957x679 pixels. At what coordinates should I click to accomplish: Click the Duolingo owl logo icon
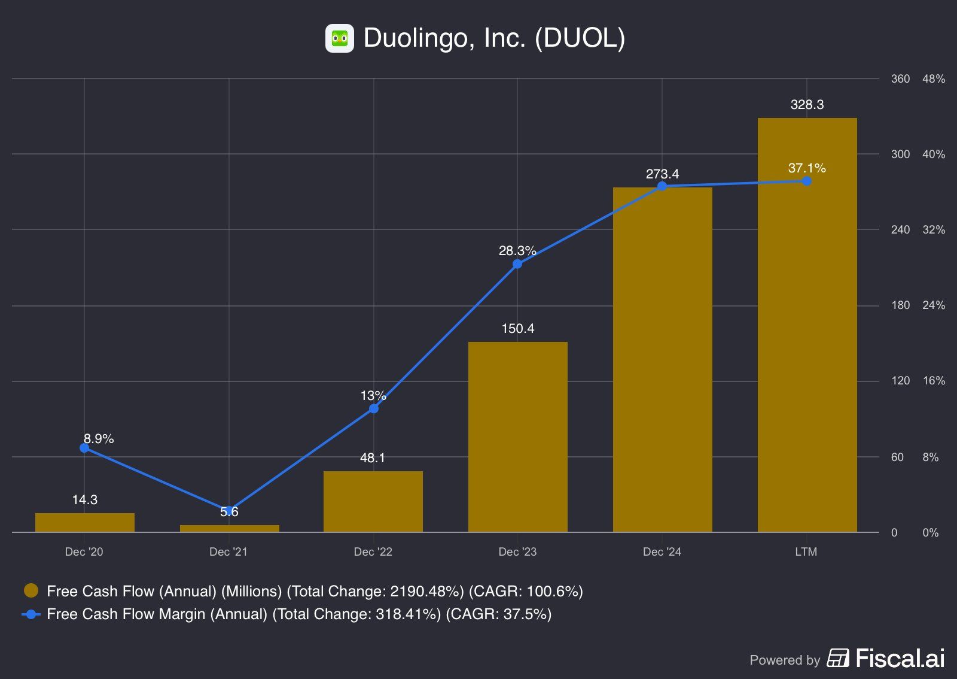click(x=340, y=38)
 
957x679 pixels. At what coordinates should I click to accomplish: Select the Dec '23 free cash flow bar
click(x=517, y=437)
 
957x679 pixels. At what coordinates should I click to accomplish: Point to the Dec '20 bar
click(x=84, y=523)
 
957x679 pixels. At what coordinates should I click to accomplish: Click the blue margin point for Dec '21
click(x=229, y=511)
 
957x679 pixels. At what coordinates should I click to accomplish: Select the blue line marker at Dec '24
click(x=662, y=186)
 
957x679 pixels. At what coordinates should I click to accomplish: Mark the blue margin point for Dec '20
click(x=84, y=448)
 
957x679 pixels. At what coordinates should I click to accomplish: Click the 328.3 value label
click(x=807, y=105)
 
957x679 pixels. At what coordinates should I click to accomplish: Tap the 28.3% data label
click(x=517, y=250)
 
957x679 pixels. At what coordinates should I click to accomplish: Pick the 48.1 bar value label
click(x=373, y=458)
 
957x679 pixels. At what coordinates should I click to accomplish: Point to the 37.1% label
click(x=807, y=168)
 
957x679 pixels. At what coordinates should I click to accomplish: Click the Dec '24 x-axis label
click(x=662, y=552)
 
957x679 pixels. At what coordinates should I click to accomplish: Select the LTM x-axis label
click(x=806, y=552)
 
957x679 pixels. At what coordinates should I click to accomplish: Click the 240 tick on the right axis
click(x=900, y=230)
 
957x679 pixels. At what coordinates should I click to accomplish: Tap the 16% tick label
click(x=934, y=381)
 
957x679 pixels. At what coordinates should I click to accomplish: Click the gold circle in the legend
click(x=31, y=591)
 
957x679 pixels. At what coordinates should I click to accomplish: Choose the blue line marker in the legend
click(x=31, y=614)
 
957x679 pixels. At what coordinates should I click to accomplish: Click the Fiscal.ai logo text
click(x=900, y=659)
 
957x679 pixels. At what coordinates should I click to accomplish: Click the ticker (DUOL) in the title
click(x=580, y=38)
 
